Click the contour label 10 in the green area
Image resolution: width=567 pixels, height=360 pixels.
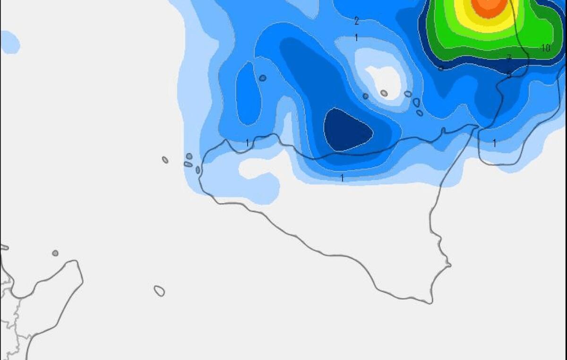pos(546,48)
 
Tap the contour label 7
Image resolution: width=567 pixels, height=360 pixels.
pos(509,58)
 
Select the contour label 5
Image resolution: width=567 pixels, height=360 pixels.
pos(509,75)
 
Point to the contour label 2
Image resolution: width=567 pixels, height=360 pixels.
pos(356,21)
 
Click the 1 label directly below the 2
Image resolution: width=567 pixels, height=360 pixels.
pos(356,37)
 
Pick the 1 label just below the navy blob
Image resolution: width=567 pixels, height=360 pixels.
pos(342,178)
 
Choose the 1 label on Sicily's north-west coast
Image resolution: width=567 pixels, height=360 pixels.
pos(247,142)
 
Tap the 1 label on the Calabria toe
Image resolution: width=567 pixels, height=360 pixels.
pos(494,143)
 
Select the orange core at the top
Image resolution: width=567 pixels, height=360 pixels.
pos(489,7)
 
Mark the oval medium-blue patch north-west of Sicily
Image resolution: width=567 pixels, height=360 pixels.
pos(248,94)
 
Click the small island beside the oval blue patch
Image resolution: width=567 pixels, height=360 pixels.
pos(263,78)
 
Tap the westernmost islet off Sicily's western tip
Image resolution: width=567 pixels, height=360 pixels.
pos(165,160)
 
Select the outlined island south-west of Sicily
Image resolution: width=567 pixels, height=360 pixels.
pos(159,291)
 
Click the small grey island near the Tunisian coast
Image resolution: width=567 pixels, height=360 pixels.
pos(55,253)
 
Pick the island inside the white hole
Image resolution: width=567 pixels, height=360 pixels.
pos(384,93)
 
